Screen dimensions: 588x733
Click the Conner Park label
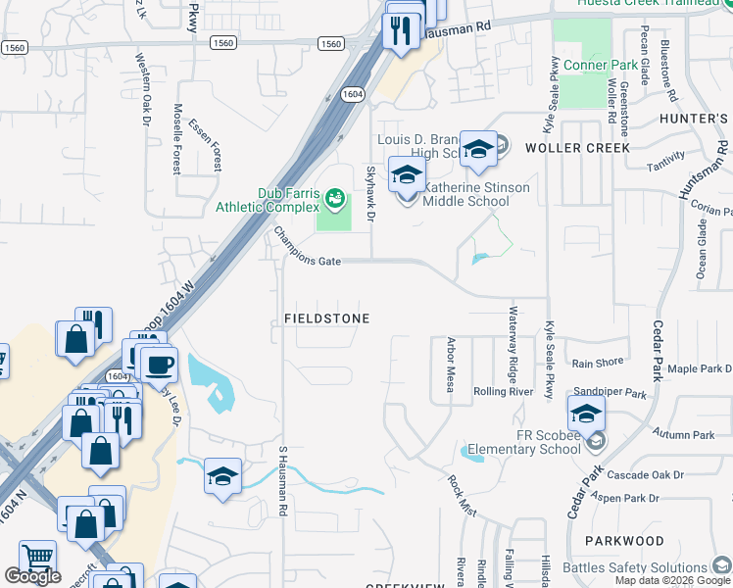[601, 66]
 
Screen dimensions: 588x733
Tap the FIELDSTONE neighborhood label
[327, 318]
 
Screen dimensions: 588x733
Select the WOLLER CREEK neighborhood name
[576, 148]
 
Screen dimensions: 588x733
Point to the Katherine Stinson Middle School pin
[407, 177]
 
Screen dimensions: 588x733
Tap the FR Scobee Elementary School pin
[586, 415]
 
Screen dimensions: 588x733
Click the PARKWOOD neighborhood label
[624, 540]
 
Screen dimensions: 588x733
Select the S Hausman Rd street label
[282, 481]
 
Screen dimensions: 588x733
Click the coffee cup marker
[159, 367]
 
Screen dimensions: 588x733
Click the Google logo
[32, 576]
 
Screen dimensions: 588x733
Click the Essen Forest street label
[206, 142]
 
